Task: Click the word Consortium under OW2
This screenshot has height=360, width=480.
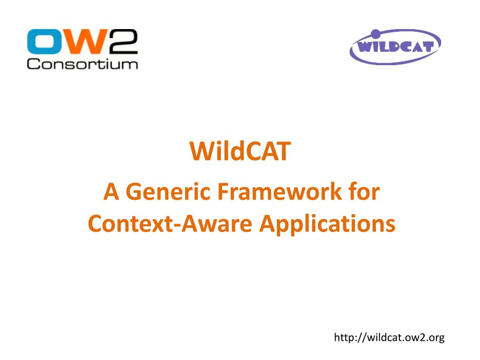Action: pyautogui.click(x=82, y=64)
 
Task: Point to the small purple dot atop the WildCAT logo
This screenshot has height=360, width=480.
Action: pyautogui.click(x=375, y=33)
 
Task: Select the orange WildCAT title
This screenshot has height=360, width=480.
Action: pyautogui.click(x=240, y=152)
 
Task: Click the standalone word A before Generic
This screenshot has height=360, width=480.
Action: pyautogui.click(x=111, y=192)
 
